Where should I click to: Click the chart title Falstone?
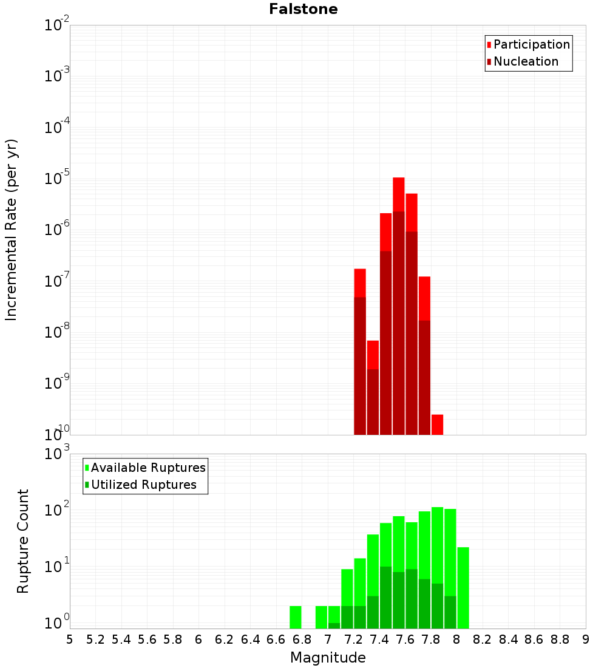(x=303, y=10)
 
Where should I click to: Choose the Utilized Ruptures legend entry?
(x=143, y=485)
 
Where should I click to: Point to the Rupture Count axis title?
(x=23, y=541)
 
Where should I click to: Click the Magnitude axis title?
(x=328, y=658)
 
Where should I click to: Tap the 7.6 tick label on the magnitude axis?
(x=405, y=640)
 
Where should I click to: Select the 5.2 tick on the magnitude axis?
(x=95, y=640)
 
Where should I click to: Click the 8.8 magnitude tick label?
(x=560, y=640)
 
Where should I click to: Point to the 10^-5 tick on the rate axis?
(x=57, y=179)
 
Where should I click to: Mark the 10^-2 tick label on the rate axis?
(x=57, y=26)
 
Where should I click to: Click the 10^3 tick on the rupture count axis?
(x=57, y=454)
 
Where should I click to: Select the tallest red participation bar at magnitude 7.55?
(x=399, y=194)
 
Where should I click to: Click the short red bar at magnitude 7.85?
(x=437, y=424)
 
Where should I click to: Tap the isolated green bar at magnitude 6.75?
(x=296, y=617)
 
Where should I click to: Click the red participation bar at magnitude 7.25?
(x=360, y=283)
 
